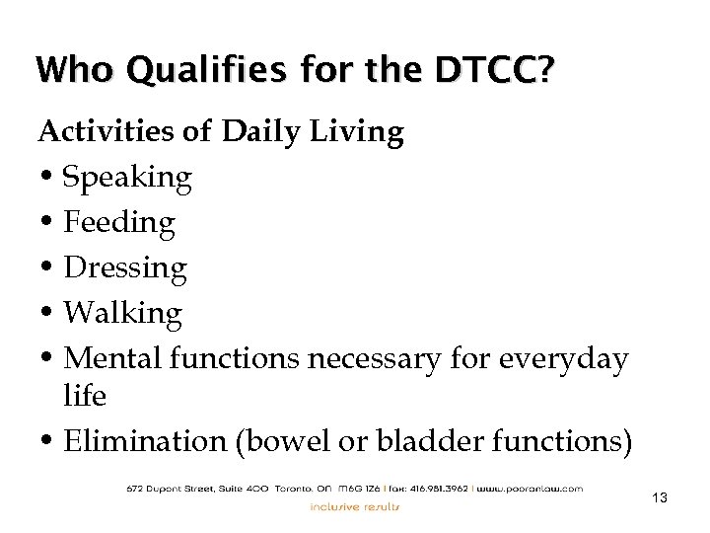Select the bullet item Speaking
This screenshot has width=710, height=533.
click(x=127, y=179)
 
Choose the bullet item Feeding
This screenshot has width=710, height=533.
click(x=118, y=223)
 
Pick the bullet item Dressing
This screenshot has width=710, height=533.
click(x=124, y=268)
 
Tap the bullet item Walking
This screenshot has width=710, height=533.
click(x=122, y=314)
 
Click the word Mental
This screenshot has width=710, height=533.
click(x=107, y=359)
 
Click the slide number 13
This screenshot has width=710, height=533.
click(x=660, y=498)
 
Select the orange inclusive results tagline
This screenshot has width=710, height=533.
click(x=355, y=507)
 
